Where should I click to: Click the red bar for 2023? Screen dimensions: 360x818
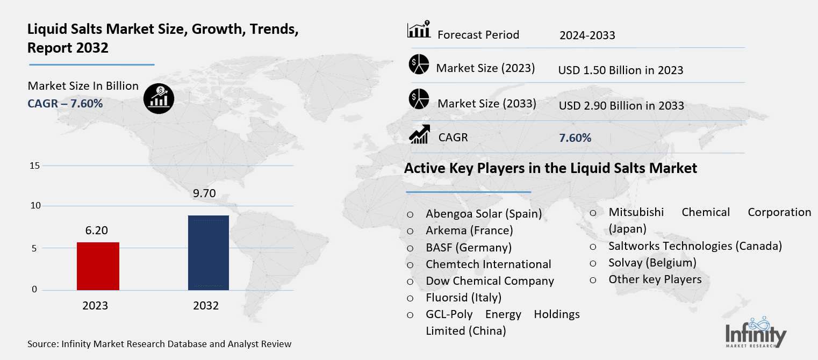point(98,266)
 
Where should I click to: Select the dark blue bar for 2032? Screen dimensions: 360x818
point(209,253)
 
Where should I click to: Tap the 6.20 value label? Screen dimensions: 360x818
point(97,231)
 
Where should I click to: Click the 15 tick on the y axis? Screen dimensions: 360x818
point(34,166)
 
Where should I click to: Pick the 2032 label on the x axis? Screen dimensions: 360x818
point(206,306)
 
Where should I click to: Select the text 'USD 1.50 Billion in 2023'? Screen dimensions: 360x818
point(621,70)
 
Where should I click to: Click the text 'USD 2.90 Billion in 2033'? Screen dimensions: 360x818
point(621,106)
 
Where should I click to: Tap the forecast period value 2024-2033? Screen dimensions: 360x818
point(587,36)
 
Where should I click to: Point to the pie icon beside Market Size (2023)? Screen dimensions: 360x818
point(419,66)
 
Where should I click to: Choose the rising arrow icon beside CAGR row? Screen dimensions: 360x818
point(419,134)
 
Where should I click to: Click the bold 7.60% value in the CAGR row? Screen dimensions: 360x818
point(575,138)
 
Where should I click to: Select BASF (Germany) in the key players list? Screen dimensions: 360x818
point(468,247)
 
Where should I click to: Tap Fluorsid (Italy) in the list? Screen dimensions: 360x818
point(463,297)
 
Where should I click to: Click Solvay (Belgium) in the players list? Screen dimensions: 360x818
point(652,263)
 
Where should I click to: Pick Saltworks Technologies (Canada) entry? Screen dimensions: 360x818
point(695,246)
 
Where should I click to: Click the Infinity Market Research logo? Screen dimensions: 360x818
point(756,333)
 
